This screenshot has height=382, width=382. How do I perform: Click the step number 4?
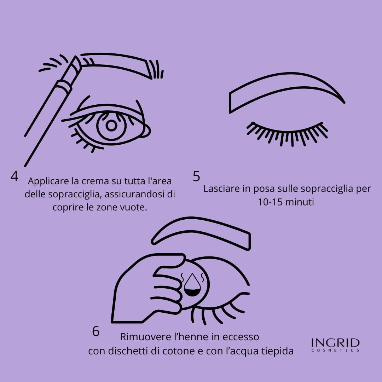[14, 176]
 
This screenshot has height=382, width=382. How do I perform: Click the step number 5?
[196, 176]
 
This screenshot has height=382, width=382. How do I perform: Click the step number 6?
[96, 331]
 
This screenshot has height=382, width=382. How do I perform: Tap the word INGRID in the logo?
[335, 342]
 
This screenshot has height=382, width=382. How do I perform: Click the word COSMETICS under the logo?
[335, 350]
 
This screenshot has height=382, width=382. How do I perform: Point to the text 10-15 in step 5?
[269, 202]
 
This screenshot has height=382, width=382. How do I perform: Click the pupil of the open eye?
[111, 126]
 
